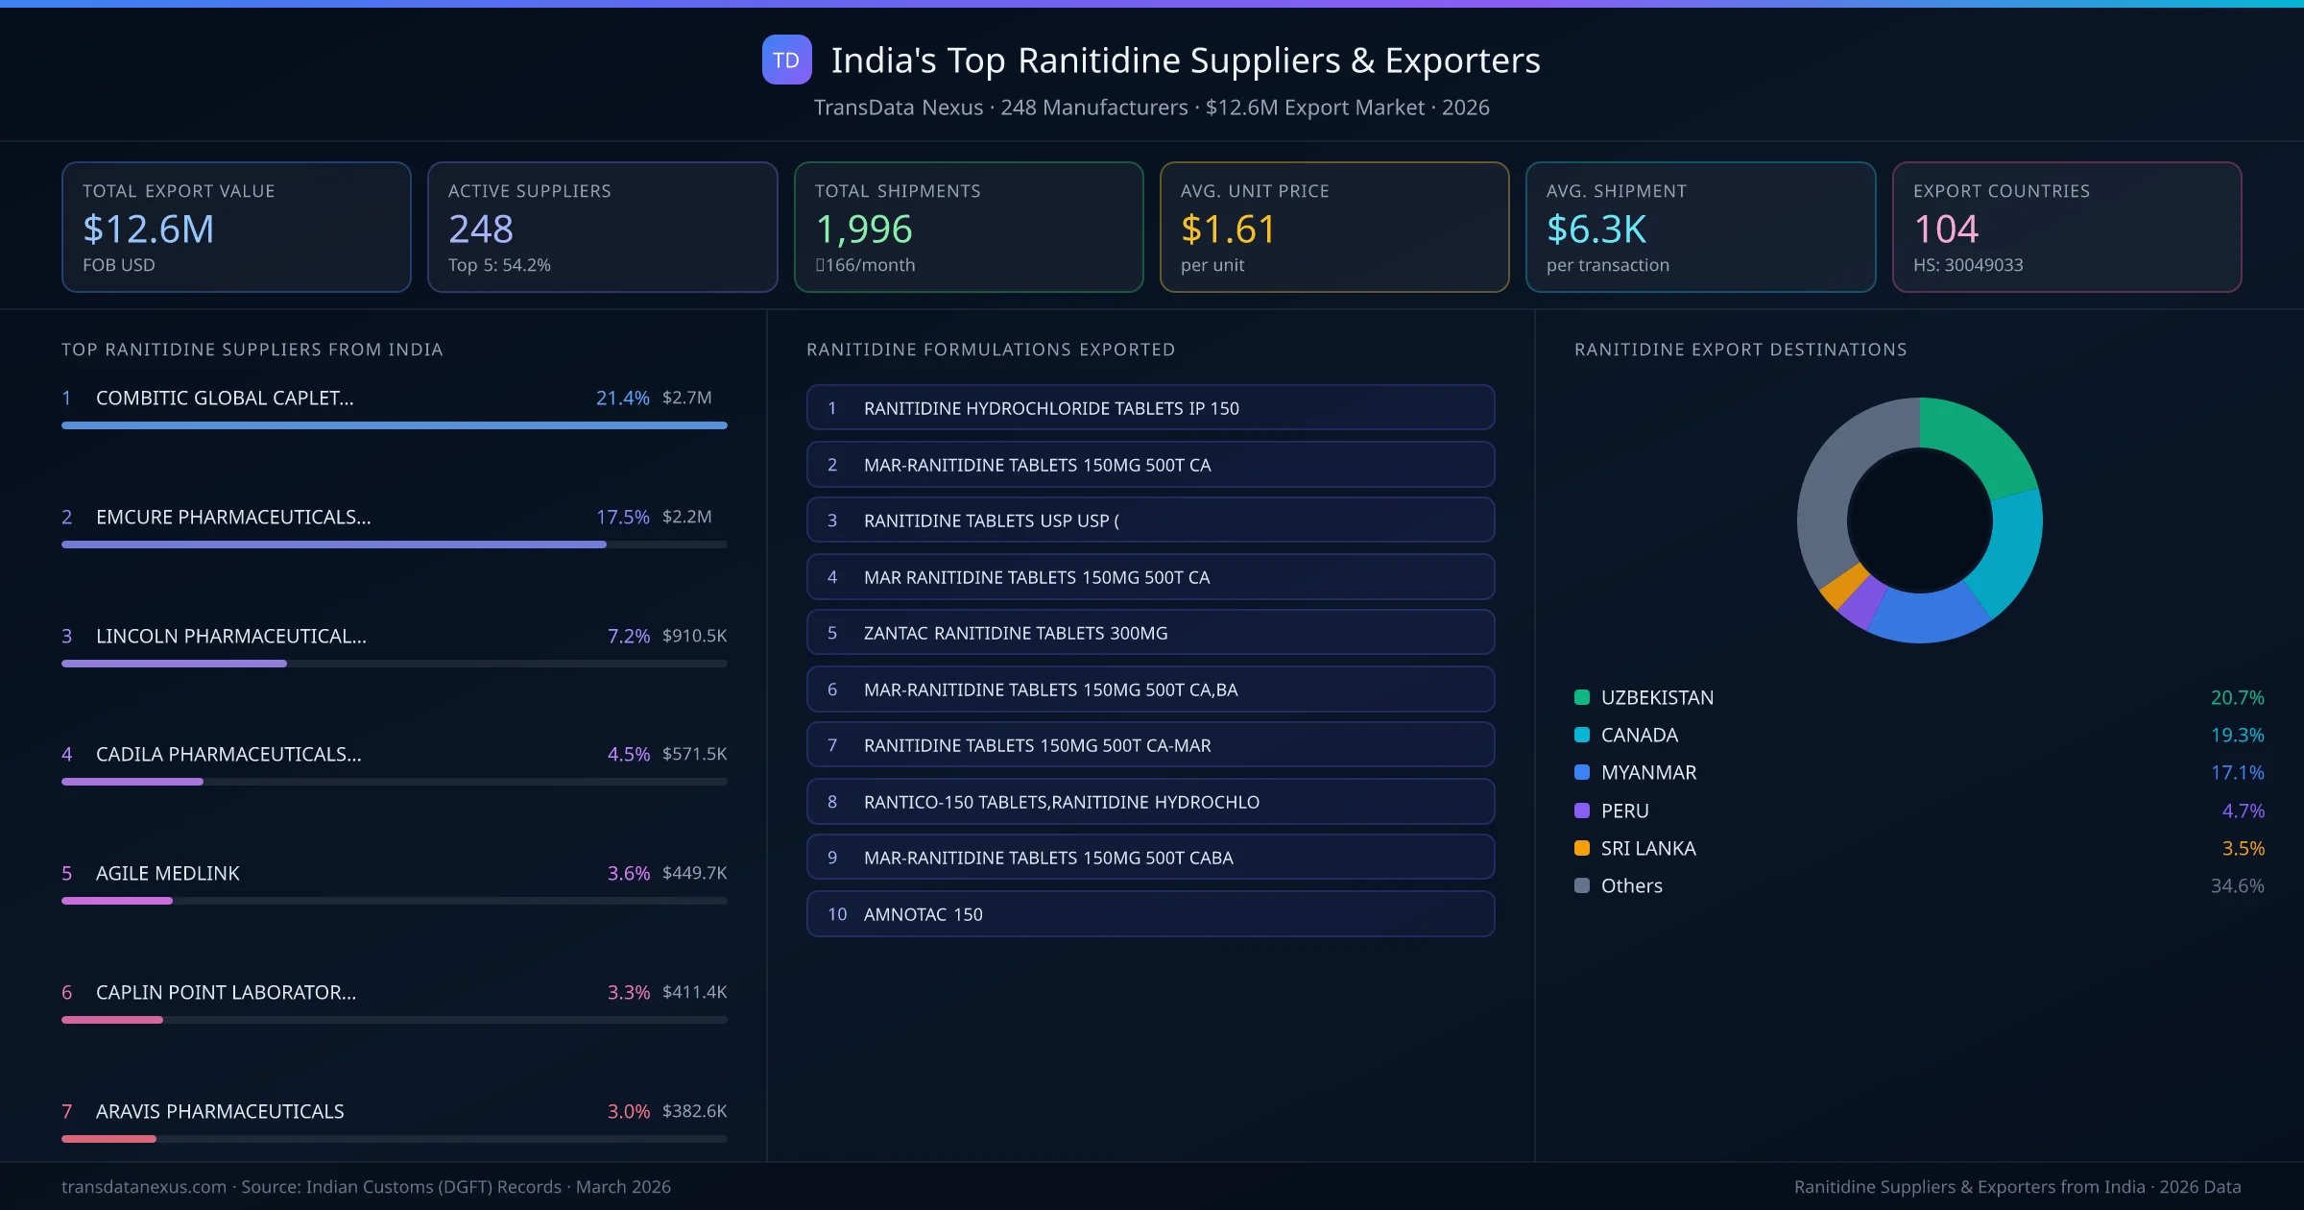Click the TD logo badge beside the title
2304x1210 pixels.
(x=786, y=60)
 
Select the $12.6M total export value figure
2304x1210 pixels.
(x=148, y=229)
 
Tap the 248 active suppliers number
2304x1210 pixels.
(x=481, y=229)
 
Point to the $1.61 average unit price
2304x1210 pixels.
(x=1228, y=229)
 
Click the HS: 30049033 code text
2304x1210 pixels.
(x=1967, y=265)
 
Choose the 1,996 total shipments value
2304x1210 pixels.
(x=863, y=229)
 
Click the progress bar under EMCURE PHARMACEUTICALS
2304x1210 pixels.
(x=334, y=544)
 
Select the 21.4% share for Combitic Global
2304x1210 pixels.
(x=622, y=398)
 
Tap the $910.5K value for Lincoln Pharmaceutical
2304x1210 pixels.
(x=694, y=636)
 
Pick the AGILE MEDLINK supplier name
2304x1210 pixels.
(x=168, y=873)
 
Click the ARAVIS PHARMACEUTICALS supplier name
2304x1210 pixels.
(x=220, y=1111)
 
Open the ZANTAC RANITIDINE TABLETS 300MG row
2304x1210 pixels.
(x=1150, y=633)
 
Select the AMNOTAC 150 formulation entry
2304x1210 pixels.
(x=1150, y=914)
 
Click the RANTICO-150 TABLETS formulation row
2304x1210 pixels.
(x=1150, y=802)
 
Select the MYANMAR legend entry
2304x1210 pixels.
(x=1648, y=773)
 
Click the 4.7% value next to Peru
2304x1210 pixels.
(x=2243, y=811)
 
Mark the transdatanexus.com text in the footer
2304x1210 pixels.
(x=144, y=1187)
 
